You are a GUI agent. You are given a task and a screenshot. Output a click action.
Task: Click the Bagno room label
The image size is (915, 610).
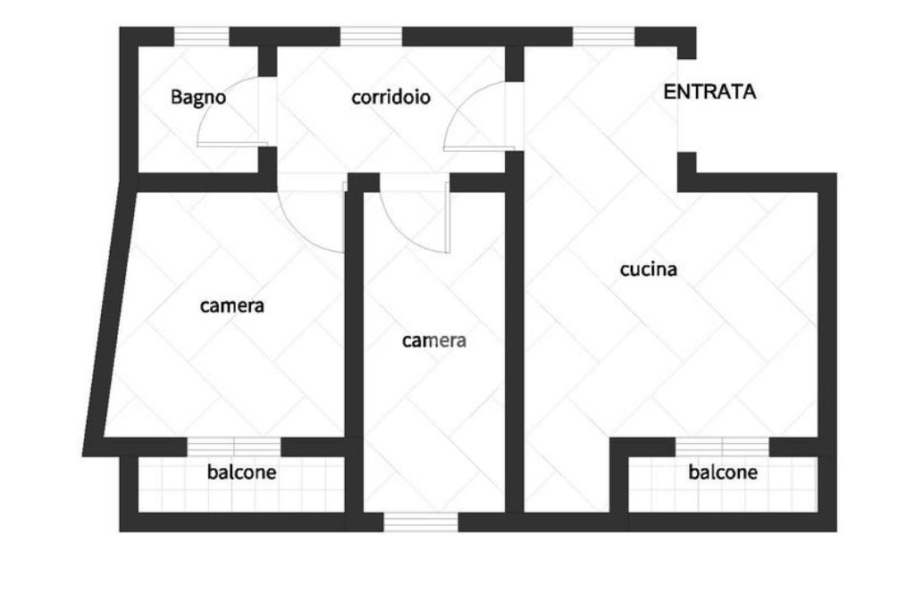click(x=198, y=97)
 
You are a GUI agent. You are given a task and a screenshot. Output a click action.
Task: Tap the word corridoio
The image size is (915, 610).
click(x=390, y=97)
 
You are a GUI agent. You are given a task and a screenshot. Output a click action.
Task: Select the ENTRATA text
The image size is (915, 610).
click(x=709, y=92)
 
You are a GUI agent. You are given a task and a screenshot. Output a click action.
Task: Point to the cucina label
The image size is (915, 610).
click(x=649, y=269)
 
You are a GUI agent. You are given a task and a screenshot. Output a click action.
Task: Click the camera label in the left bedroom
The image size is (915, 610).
click(x=232, y=305)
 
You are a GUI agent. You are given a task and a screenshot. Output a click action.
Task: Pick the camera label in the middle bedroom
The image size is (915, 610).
click(x=434, y=340)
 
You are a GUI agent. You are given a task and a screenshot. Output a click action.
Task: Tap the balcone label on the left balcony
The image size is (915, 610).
click(x=241, y=472)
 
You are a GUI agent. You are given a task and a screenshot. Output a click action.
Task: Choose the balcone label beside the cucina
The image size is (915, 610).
click(x=723, y=472)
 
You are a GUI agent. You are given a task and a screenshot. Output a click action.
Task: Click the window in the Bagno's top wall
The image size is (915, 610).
click(x=201, y=37)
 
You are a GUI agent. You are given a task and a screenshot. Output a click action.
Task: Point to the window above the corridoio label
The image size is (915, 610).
click(x=371, y=37)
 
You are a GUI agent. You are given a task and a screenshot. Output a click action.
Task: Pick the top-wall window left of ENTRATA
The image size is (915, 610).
click(x=603, y=37)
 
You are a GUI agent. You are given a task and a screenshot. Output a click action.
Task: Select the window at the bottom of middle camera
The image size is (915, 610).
click(x=420, y=522)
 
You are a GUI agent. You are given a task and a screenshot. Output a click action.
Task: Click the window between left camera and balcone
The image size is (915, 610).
click(x=234, y=447)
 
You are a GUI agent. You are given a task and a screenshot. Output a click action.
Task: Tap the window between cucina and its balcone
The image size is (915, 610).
click(x=722, y=447)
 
